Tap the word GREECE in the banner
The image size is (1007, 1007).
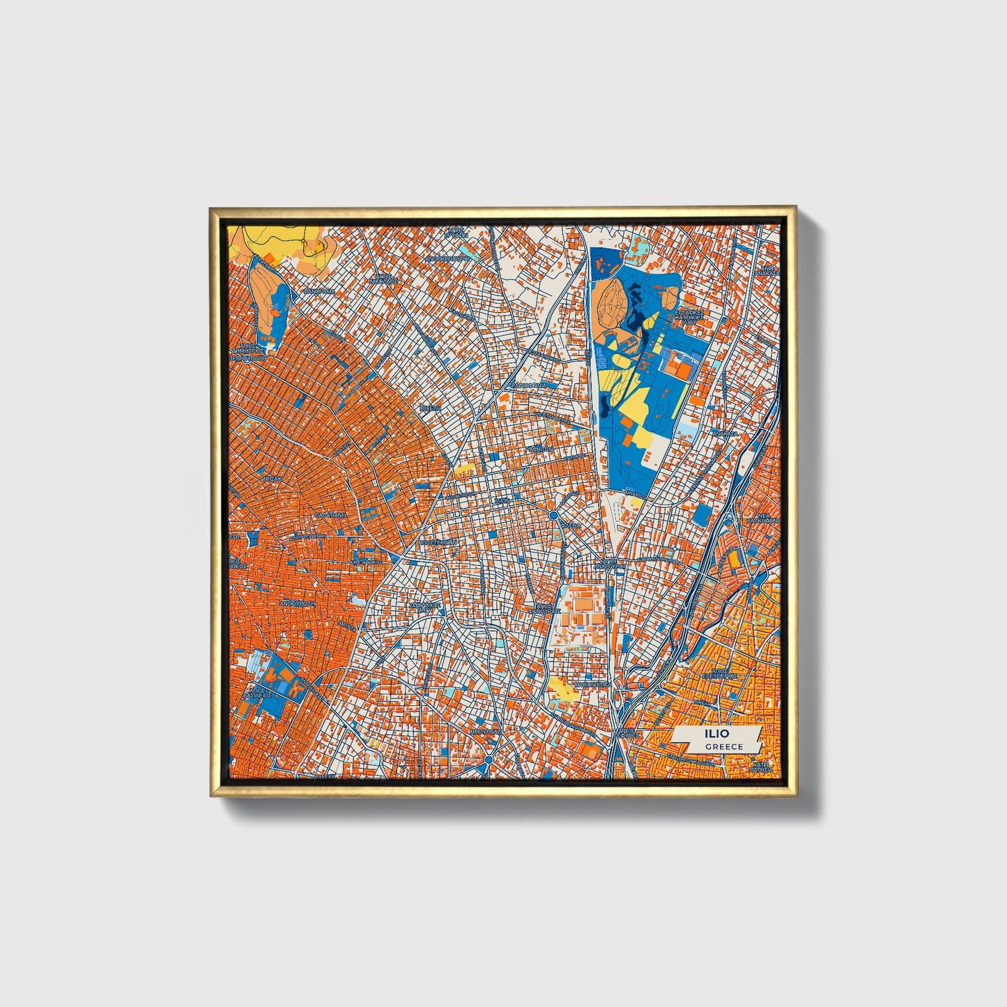(x=723, y=746)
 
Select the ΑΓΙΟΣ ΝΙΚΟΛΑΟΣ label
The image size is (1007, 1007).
(x=387, y=279)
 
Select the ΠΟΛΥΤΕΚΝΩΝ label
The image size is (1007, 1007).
(x=438, y=541)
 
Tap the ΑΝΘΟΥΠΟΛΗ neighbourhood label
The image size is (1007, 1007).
(x=298, y=604)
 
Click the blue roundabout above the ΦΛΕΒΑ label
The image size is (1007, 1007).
(x=553, y=515)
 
